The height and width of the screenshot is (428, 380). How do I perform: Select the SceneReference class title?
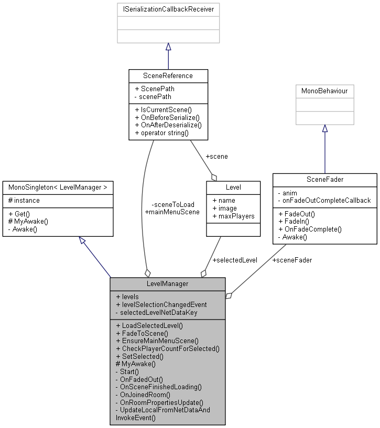coord(168,75)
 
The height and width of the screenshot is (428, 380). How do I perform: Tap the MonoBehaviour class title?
coord(324,91)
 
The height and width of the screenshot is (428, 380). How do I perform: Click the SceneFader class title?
coord(324,180)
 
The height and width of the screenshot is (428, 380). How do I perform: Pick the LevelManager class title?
coord(167,284)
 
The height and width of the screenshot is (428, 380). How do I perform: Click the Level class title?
coord(233,188)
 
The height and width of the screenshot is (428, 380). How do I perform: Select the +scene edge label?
coord(216,156)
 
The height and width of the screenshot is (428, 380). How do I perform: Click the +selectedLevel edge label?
coord(234,260)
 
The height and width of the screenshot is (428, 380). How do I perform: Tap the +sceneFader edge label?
coord(291,260)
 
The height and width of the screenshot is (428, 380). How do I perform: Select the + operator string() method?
coord(161,133)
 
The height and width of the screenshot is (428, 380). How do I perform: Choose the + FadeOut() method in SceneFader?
coord(297,214)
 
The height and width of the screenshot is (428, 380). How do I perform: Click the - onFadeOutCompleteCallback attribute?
coord(324,200)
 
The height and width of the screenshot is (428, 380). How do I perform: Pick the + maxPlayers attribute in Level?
coord(233,216)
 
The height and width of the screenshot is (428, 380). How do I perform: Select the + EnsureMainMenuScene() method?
coord(157,341)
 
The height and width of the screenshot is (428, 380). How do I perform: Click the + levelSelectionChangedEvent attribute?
coord(161,304)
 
